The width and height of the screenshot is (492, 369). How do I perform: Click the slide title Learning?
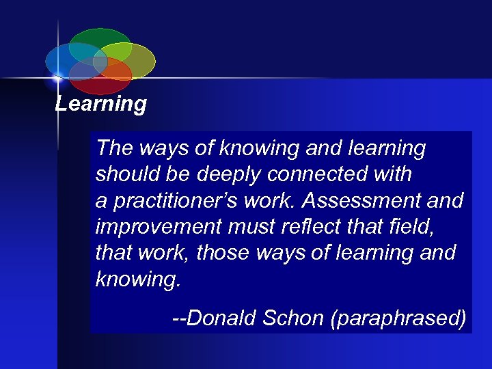(x=101, y=105)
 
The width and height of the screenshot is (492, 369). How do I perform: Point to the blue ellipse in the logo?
(x=65, y=60)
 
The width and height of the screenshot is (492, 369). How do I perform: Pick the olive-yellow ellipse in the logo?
(x=133, y=58)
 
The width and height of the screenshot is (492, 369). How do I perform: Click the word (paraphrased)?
(x=398, y=318)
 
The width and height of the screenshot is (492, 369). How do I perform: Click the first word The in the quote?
(x=113, y=148)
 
